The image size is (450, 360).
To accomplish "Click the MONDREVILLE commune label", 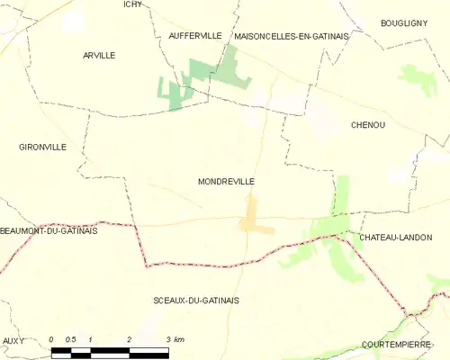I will coord(226,181).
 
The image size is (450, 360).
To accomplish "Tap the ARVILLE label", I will coord(99,55).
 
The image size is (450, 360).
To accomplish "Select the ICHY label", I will coord(133,4).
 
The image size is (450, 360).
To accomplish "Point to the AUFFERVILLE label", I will coord(195,35).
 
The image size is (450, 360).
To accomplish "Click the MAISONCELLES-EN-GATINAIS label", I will coord(292,35).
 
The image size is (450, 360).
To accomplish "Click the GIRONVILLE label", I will coord(42,146).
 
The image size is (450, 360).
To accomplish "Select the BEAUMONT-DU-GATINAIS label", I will coord(49,230).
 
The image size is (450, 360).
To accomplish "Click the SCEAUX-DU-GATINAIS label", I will coord(197,300).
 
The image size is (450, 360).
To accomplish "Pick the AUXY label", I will coord(13,340).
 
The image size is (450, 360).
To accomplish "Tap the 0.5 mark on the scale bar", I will coord(71,339).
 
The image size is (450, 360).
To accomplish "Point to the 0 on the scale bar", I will coord(52,339).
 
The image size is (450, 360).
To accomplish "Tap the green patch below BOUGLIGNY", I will coord(417,79).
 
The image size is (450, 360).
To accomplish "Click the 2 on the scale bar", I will coord(130,339).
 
